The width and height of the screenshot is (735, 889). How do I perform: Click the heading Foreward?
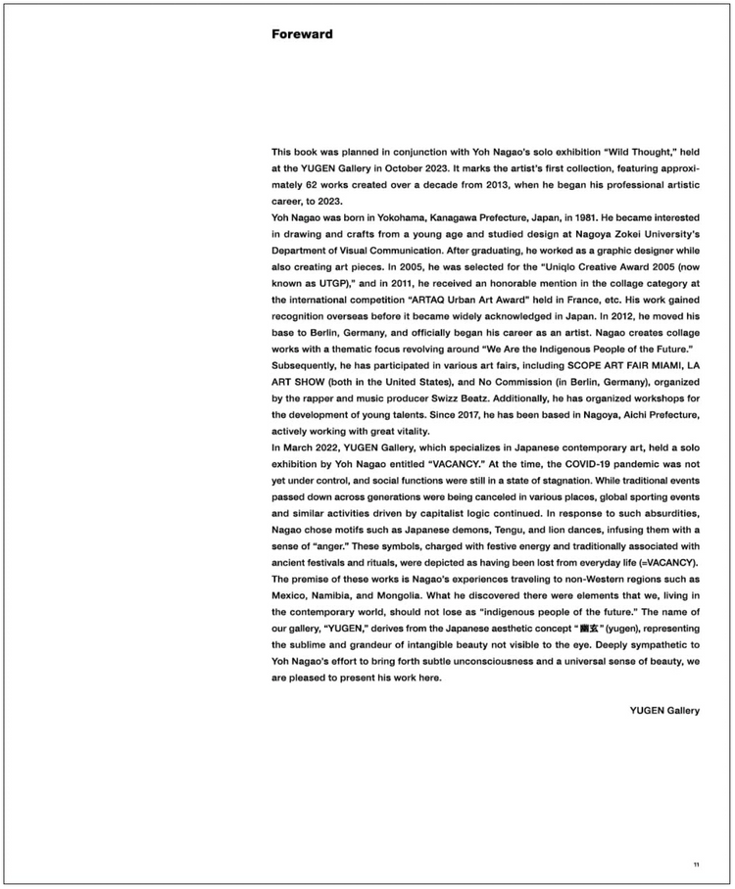302,34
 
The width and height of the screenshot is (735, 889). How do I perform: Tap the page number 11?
696,864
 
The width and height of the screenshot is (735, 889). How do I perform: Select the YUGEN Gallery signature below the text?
664,711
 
